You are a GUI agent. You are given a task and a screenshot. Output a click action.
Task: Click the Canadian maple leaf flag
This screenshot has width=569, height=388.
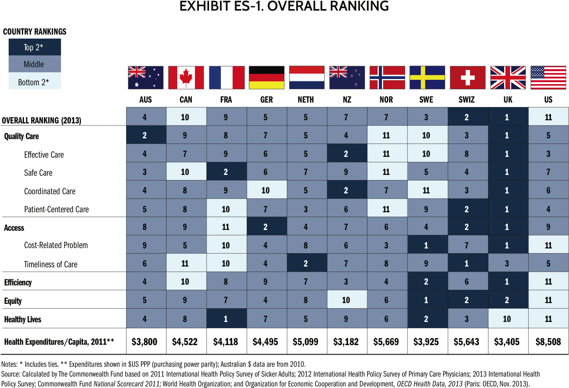point(186,77)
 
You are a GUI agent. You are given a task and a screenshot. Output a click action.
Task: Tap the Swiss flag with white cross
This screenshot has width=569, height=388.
point(468,77)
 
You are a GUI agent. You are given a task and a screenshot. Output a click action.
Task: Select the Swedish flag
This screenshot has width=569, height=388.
point(427,77)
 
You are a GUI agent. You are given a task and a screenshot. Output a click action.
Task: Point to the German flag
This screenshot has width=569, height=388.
point(266,77)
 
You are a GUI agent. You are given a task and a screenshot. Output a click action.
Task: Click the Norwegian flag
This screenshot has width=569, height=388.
point(387,77)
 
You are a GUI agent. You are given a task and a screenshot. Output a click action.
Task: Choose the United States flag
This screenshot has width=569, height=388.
point(548,77)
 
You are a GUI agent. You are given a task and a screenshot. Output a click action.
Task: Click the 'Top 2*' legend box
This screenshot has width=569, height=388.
point(35,47)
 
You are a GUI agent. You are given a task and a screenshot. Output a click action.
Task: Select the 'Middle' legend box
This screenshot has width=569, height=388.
point(35,64)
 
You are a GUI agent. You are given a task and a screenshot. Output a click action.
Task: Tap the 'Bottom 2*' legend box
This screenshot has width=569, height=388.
point(35,81)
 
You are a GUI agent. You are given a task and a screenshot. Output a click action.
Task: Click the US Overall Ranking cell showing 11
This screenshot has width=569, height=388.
point(548,117)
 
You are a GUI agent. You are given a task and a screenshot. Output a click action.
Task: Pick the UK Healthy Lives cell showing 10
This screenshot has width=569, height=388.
point(507,319)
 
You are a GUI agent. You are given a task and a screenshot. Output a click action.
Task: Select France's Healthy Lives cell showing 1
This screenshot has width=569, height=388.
point(226,319)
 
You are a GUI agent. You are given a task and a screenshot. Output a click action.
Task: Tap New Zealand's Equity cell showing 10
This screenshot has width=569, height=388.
point(346,300)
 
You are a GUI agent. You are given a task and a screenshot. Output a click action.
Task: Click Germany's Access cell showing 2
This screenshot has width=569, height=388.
point(266,227)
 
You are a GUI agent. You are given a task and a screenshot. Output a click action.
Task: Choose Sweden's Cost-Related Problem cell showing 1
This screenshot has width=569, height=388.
point(427,245)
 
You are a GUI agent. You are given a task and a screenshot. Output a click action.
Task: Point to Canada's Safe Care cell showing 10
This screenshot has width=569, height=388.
point(185,172)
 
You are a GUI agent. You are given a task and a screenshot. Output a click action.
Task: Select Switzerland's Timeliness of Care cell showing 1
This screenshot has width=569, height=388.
point(467,263)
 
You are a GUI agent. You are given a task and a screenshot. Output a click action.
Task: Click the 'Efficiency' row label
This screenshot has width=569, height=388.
point(18,282)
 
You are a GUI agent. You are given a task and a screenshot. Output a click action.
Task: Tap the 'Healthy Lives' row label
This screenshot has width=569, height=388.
point(22,319)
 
